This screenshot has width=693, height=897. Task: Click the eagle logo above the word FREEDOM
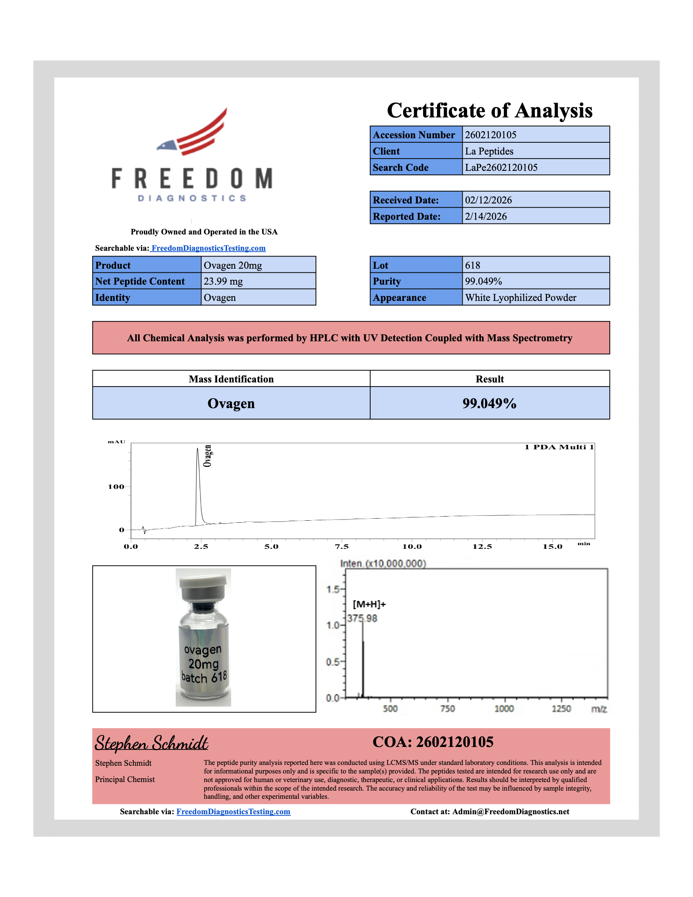tap(192, 132)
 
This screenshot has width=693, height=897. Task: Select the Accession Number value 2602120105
tap(490, 135)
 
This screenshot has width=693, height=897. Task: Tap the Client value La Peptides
tap(488, 151)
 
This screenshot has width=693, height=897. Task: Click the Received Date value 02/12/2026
tap(488, 200)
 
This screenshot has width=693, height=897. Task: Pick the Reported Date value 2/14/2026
tap(486, 217)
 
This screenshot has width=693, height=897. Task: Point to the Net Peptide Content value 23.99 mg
tap(223, 281)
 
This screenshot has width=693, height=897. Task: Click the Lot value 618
tap(472, 265)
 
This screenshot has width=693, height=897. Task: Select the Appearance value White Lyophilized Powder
tap(520, 298)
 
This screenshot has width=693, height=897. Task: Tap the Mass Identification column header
tap(231, 379)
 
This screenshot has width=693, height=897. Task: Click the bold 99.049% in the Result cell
tap(489, 403)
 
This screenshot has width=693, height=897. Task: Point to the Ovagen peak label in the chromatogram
tap(208, 456)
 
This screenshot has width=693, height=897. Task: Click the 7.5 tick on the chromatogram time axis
tap(342, 547)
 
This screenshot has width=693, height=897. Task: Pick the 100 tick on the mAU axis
tap(116, 487)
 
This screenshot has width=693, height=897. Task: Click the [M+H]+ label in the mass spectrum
tap(369, 604)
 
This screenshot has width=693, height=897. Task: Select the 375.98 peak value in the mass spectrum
tap(362, 619)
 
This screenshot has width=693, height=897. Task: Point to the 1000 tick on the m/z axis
tap(504, 709)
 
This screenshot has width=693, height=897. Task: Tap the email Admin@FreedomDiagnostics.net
tap(510, 811)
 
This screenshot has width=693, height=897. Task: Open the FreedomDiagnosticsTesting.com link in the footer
tap(233, 811)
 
